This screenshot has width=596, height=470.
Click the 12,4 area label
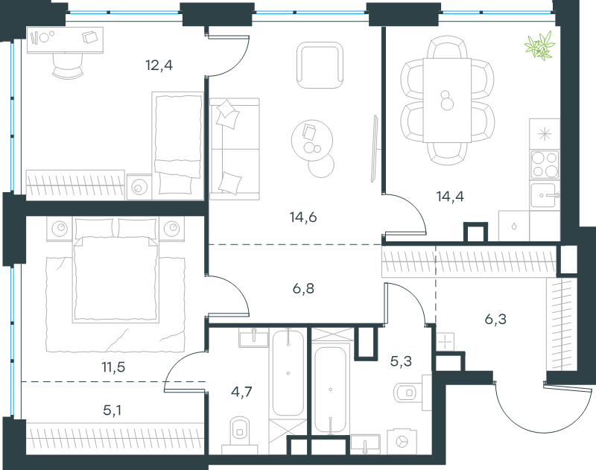click(x=159, y=66)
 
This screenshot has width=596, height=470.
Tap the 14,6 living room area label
click(x=303, y=217)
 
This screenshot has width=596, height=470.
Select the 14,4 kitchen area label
click(x=450, y=197)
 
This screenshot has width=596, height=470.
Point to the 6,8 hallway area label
click(x=303, y=289)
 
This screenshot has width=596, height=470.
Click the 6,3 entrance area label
click(x=495, y=320)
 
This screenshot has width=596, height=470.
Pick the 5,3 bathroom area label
click(x=401, y=361)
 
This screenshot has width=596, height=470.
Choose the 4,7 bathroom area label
click(x=241, y=391)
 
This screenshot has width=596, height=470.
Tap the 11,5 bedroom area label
click(x=113, y=367)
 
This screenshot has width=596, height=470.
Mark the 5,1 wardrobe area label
click(x=112, y=410)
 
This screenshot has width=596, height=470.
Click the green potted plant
click(x=539, y=45)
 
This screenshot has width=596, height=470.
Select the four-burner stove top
click(x=545, y=165)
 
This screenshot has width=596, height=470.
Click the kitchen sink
click(x=545, y=195)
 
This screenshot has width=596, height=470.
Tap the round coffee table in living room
click(x=312, y=140)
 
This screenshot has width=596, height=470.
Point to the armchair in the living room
click(x=320, y=65)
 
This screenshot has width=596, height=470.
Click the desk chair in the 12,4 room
click(x=67, y=66)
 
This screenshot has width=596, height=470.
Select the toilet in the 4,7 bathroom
click(x=239, y=431)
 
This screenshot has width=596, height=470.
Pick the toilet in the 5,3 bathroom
click(x=408, y=393)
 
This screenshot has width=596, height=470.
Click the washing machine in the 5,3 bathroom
click(x=402, y=442)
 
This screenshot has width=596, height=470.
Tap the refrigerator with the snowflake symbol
click(x=545, y=134)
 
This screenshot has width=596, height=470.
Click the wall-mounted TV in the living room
click(x=375, y=148)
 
